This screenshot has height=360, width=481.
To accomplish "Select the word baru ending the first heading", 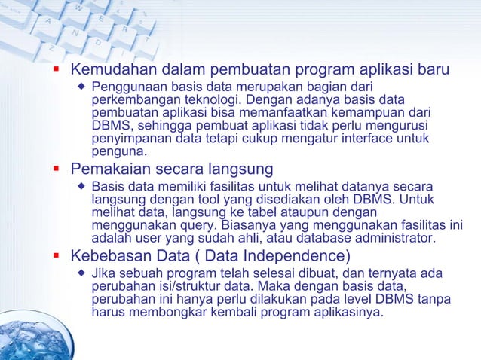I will pyautogui.click(x=434, y=71).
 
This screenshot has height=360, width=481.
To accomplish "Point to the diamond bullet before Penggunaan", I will pyautogui.click(x=81, y=88).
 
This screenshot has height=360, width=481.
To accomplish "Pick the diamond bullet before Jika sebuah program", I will pyautogui.click(x=81, y=273).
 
